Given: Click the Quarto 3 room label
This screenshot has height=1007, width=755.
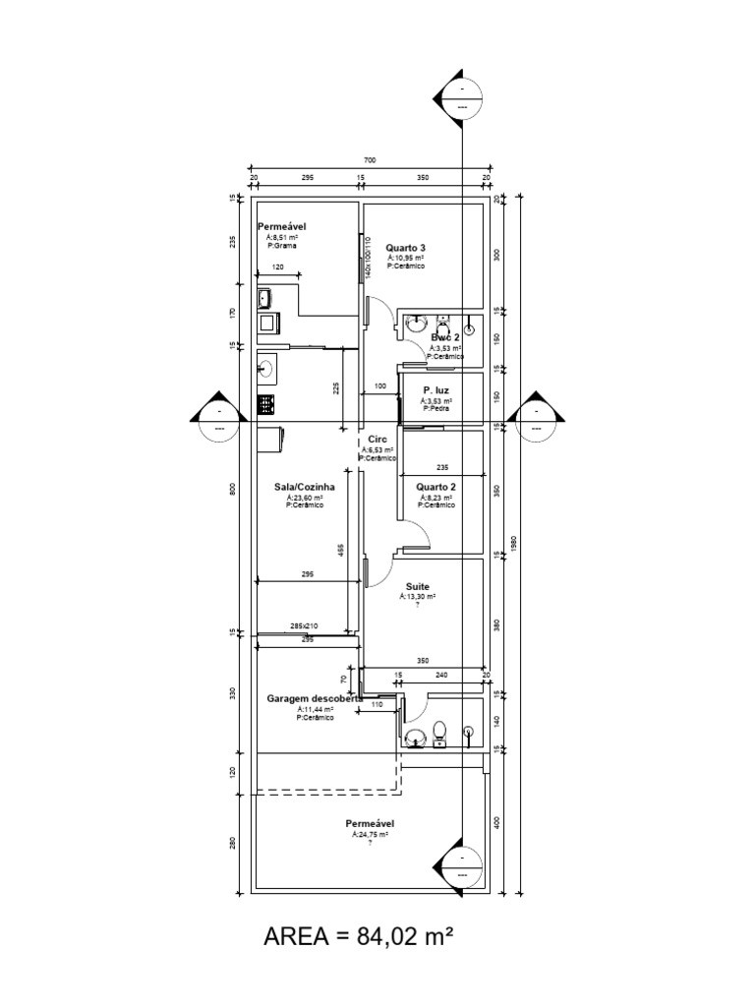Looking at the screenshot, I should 405,248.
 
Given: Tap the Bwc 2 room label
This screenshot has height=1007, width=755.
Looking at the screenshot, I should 445,337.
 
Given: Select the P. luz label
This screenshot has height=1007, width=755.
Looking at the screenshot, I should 436,390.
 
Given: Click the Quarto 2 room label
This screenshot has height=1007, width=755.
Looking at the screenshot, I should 436,487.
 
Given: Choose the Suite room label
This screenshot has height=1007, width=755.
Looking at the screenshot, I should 417,586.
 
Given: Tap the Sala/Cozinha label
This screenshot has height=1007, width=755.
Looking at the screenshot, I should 305,487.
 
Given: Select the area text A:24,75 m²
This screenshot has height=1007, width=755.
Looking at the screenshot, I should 370,834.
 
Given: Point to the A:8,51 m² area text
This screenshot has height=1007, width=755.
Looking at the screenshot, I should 282,237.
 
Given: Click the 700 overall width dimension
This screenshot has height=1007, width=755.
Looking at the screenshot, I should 370,160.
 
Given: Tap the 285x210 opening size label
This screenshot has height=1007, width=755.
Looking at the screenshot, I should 304,625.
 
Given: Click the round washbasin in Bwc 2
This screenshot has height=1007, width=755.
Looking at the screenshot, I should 417,323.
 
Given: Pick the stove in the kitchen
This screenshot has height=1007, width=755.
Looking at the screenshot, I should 265,403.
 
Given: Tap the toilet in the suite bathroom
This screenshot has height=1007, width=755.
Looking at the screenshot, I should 439,731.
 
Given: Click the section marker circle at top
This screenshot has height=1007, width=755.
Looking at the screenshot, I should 460,98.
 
